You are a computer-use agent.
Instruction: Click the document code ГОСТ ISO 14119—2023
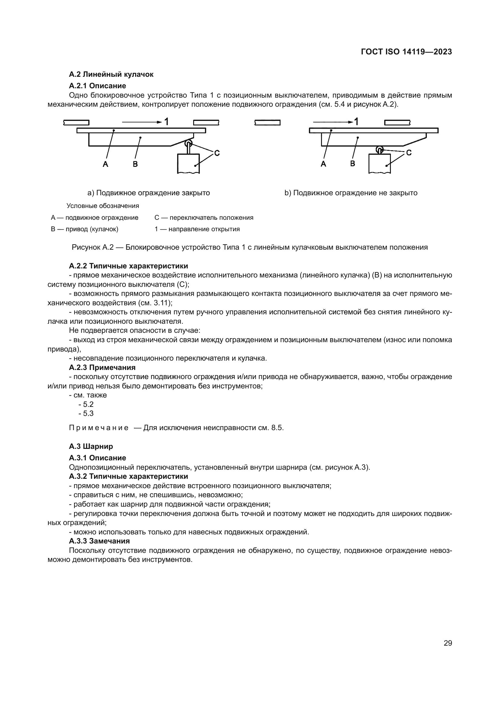click(406, 52)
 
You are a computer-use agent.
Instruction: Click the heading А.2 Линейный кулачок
click(111, 74)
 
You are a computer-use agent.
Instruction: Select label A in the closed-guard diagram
click(105, 164)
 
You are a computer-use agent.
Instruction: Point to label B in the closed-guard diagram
click(135, 164)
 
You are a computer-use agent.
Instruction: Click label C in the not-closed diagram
click(409, 152)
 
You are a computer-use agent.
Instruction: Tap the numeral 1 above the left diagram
click(166, 122)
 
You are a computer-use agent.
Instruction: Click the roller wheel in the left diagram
click(188, 144)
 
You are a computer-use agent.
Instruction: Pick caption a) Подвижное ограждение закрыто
click(149, 193)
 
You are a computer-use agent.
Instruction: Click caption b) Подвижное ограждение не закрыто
click(351, 193)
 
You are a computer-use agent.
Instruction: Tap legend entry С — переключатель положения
click(204, 218)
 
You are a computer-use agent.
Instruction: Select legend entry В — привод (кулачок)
click(85, 229)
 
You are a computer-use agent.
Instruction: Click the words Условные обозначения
click(103, 206)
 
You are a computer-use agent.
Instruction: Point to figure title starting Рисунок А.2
click(250, 247)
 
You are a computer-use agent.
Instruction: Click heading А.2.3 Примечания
click(102, 367)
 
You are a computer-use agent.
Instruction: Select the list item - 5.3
click(86, 413)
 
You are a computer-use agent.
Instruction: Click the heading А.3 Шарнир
click(91, 446)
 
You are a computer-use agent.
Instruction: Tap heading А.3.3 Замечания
click(99, 541)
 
